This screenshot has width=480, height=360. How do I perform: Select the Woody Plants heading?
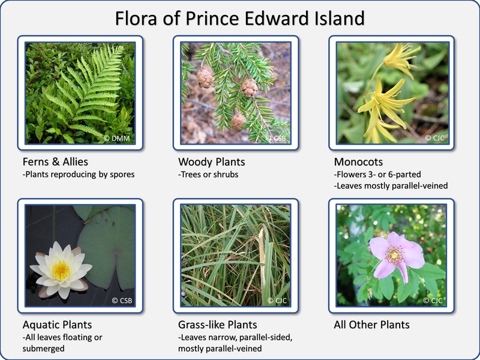pos(211,162)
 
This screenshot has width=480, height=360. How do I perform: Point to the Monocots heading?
pos(358,162)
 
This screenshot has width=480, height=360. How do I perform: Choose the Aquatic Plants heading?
pos(57,325)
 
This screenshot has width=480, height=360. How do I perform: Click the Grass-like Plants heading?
pos(218,325)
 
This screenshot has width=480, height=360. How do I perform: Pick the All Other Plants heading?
pos(371,325)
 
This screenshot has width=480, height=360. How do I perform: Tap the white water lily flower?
pos(60,270)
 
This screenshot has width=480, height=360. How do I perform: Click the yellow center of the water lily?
pos(61,271)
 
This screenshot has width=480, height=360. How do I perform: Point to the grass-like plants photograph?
pos(236,255)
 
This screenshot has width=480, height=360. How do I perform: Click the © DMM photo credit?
pos(117,139)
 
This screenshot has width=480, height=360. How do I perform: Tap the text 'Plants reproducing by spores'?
pos(77,175)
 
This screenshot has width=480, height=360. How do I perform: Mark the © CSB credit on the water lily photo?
pos(121,301)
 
